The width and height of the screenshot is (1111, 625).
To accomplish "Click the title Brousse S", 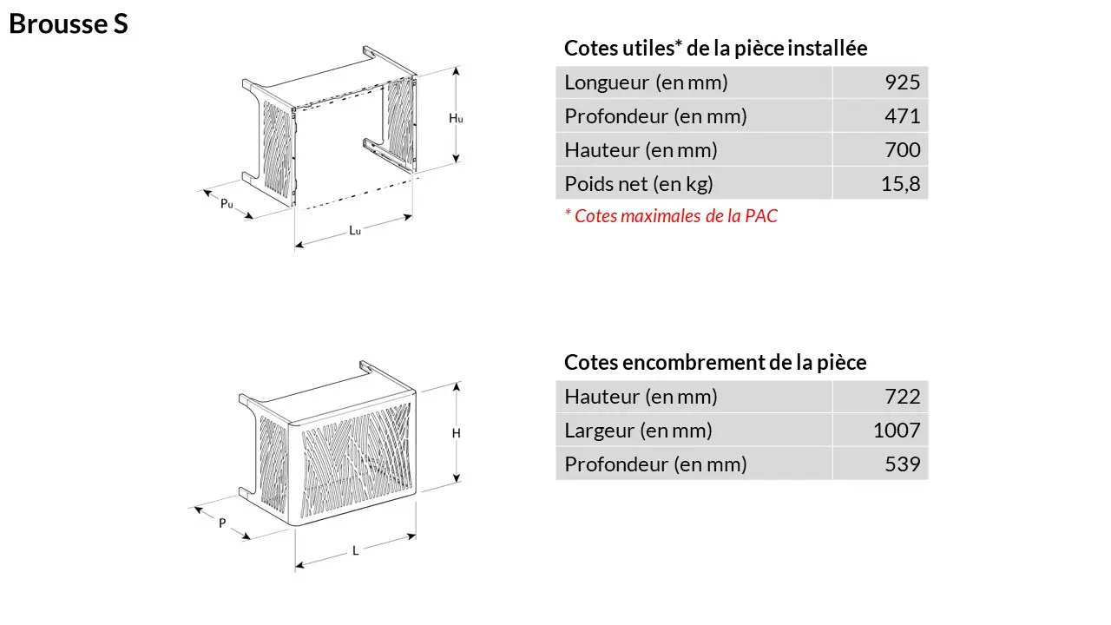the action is [x=69, y=23].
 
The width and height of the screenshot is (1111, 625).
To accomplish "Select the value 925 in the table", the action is [x=902, y=82].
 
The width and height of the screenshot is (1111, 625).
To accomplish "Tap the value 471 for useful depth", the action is [x=902, y=116].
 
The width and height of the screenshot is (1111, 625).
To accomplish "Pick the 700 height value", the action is [x=902, y=150].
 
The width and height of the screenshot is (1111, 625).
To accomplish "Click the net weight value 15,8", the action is [x=900, y=184].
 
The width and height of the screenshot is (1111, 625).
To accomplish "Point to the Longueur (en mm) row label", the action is [x=647, y=82].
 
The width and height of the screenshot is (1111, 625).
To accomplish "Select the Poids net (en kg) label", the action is [x=639, y=184].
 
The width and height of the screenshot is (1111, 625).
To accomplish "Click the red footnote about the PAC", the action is [x=671, y=216].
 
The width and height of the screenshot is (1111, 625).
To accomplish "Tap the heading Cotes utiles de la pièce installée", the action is [x=716, y=48].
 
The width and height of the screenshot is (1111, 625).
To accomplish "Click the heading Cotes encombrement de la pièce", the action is [x=715, y=363].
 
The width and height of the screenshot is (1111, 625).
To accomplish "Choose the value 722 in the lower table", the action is [x=902, y=397].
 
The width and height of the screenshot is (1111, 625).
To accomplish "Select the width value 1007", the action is [x=897, y=431].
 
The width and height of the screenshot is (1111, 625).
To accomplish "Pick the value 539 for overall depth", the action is [x=902, y=464].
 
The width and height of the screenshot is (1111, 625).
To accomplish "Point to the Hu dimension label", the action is [x=456, y=119].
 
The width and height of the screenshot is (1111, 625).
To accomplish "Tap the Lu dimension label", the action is [x=355, y=230].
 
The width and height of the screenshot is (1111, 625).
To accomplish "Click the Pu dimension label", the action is [x=227, y=203].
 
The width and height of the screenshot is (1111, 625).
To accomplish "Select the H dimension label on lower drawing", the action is [x=457, y=433].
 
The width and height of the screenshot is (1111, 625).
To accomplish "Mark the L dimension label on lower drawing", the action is [x=355, y=550].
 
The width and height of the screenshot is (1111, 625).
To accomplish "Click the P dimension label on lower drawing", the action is [x=222, y=523].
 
